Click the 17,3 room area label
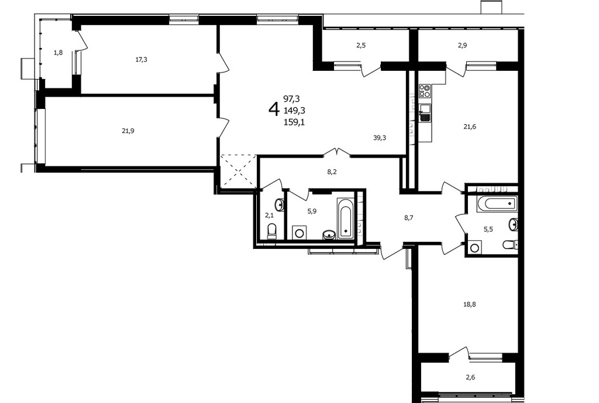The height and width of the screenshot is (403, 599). point(142,59)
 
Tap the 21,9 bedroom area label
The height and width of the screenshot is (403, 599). point(128,131)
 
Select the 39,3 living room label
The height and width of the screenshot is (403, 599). point(380,138)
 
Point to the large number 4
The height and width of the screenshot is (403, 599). point(274,110)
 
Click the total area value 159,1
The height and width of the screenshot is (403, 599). point(294,123)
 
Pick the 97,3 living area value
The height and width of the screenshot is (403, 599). point(291,99)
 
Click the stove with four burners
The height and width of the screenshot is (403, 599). point(425,91)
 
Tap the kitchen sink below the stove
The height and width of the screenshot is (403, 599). point(425,113)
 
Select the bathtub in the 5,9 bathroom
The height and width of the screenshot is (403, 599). point(345,218)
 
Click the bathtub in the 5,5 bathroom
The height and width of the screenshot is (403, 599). point(497,203)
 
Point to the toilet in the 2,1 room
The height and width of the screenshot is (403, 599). point(271,232)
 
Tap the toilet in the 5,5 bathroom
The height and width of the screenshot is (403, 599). point(510,244)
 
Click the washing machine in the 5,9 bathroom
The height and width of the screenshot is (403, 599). point(299,233)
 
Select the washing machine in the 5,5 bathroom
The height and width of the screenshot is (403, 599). point(475,247)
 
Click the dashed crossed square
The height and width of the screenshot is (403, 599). point(238,170)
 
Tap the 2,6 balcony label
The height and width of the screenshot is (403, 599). point(470,377)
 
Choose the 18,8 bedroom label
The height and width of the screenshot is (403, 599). point(470,305)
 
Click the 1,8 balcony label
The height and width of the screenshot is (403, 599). point(58,53)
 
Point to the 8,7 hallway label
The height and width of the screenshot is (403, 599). point(409,218)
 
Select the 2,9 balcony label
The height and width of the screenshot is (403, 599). point(462,45)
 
